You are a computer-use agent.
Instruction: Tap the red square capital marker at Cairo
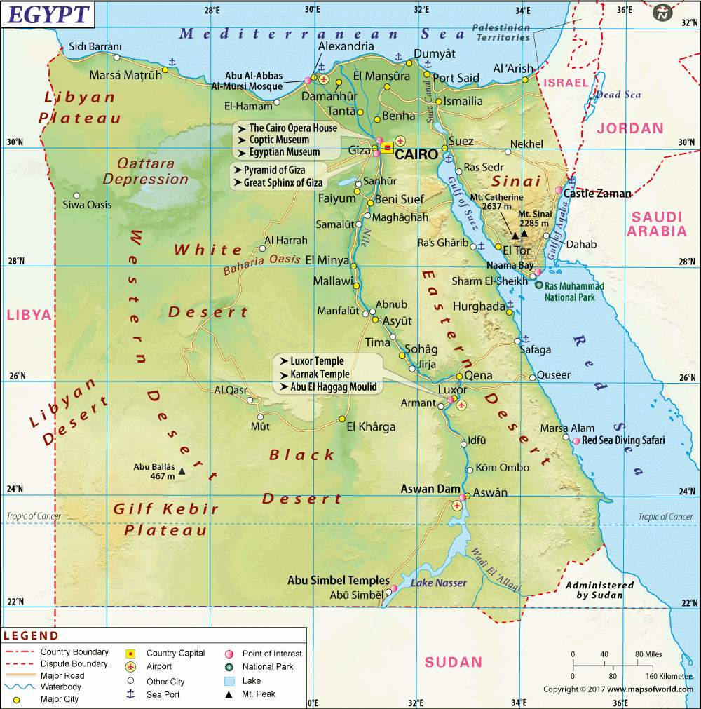pyautogui.click(x=388, y=148)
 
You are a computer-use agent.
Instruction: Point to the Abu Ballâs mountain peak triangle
pyautogui.click(x=182, y=472)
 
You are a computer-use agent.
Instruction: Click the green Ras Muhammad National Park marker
pyautogui.click(x=538, y=285)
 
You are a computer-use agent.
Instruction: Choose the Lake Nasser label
pyautogui.click(x=438, y=583)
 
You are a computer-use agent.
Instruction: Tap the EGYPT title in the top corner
pyautogui.click(x=48, y=14)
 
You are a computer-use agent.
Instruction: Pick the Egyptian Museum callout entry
pyautogui.click(x=285, y=152)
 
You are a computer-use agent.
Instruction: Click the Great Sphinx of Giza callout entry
pyautogui.click(x=283, y=183)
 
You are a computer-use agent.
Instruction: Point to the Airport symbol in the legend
pyautogui.click(x=130, y=666)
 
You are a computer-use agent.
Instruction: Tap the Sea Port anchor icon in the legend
pyautogui.click(x=130, y=694)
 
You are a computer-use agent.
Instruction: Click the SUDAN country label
pyautogui.click(x=454, y=662)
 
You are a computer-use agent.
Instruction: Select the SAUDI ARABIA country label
pyautogui.click(x=657, y=224)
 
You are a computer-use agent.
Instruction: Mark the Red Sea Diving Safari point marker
pyautogui.click(x=576, y=440)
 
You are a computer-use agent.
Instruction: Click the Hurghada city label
pyautogui.click(x=479, y=306)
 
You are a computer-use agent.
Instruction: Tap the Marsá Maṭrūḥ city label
pyautogui.click(x=125, y=75)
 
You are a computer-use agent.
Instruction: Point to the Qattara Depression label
pyautogui.click(x=146, y=171)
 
